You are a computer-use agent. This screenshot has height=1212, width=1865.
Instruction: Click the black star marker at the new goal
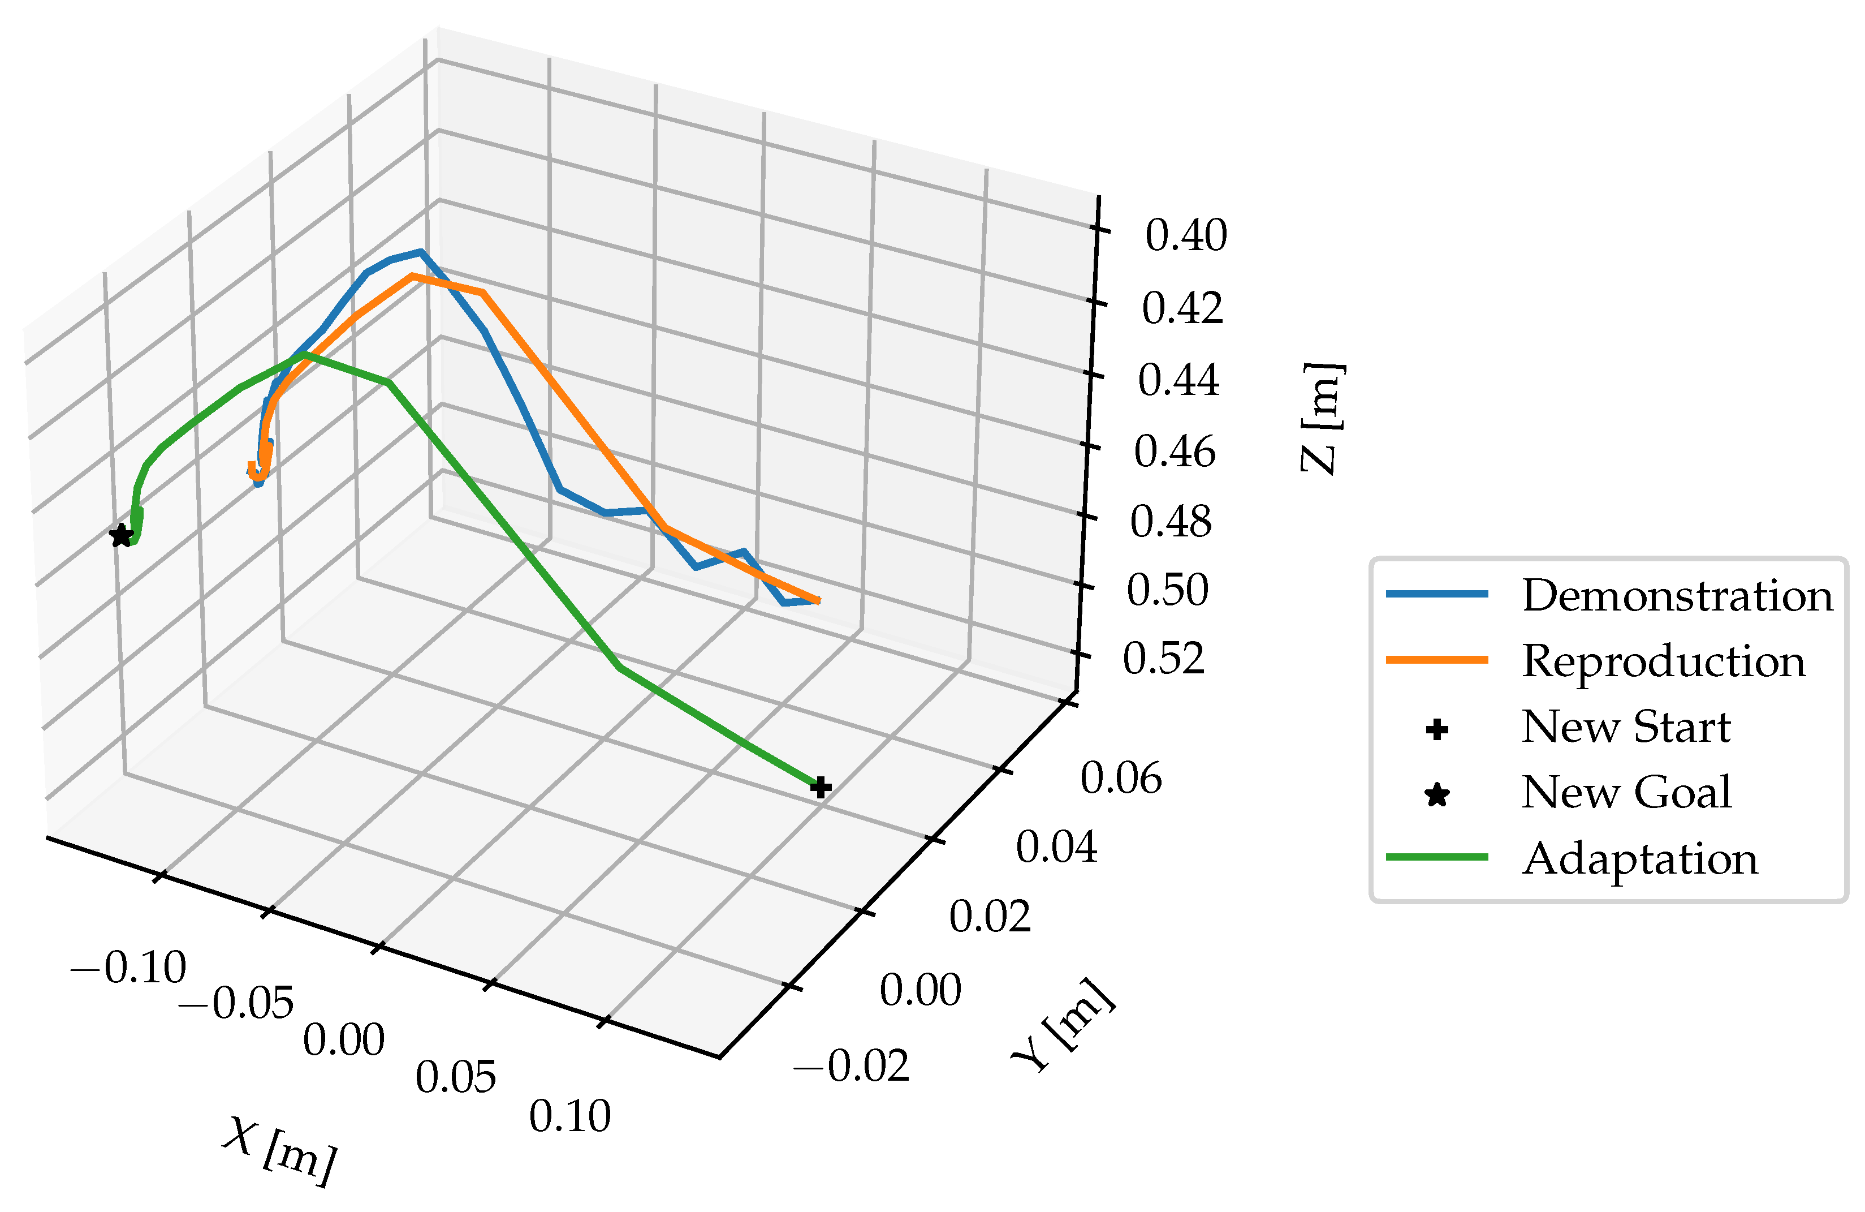120,536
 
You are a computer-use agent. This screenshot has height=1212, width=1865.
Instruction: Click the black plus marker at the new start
819,787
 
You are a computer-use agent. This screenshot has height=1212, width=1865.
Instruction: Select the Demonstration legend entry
1677,595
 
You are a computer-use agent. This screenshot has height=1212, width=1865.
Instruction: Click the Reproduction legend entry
1663,661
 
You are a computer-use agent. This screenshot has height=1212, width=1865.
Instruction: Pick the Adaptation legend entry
1639,858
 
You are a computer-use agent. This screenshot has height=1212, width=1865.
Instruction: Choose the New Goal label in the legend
1626,793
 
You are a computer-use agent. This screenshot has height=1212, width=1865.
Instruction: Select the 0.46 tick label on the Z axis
1175,452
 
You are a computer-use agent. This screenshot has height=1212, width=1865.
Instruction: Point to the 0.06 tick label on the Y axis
1121,779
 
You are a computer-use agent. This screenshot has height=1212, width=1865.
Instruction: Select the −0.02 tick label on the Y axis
851,1065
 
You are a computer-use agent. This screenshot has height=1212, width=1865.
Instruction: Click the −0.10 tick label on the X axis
128,968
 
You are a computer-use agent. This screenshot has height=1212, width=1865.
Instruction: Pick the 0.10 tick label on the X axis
569,1116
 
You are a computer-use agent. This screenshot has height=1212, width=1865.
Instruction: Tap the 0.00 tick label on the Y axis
920,990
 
